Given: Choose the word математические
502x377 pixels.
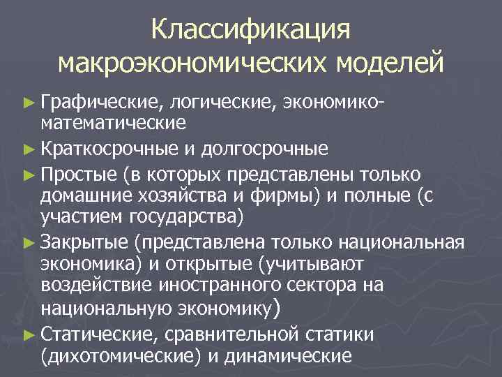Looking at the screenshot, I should [114, 124].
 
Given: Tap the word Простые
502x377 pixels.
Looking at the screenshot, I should [79, 173].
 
